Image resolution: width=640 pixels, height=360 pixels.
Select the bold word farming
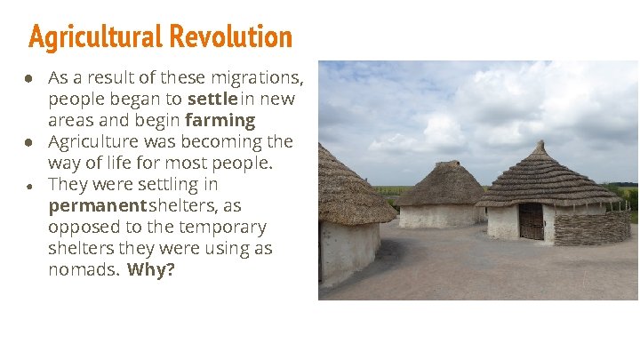220,120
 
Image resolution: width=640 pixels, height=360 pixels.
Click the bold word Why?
151,269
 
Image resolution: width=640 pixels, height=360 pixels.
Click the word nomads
83,269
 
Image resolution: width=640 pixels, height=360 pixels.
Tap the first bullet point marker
29,78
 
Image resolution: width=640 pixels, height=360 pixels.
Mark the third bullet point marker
29,186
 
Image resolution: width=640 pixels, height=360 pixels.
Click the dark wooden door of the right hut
531,221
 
